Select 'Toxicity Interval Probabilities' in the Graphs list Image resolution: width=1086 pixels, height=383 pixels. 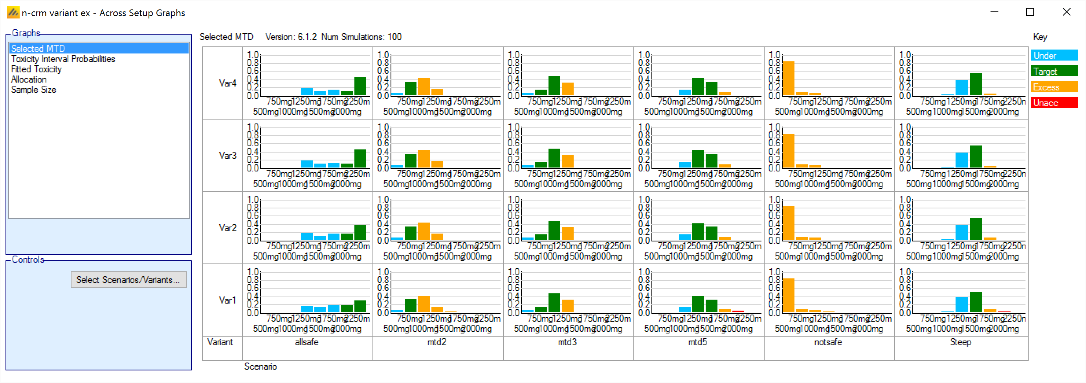tap(63, 59)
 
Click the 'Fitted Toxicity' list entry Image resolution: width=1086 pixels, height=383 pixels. tap(36, 69)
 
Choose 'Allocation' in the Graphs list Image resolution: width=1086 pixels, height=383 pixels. tap(29, 79)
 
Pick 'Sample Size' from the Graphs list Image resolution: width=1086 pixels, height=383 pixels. tap(33, 89)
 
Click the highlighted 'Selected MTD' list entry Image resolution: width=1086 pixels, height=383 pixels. tap(38, 48)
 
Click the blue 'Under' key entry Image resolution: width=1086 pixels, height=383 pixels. tap(1054, 56)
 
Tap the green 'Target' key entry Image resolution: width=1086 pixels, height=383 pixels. tap(1054, 71)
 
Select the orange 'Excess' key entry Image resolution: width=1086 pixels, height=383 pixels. tap(1054, 87)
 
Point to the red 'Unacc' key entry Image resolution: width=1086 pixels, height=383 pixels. tap(1054, 103)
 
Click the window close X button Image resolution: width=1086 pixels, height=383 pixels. tap(1066, 12)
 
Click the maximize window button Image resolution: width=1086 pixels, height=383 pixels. tap(1030, 12)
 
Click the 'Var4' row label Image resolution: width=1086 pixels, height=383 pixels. tap(227, 83)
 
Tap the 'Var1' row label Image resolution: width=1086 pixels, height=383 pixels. tap(227, 300)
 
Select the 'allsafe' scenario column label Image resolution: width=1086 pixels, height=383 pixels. tap(306, 342)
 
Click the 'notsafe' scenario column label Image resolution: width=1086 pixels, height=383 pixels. tap(827, 342)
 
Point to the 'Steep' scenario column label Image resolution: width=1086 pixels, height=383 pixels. tap(960, 342)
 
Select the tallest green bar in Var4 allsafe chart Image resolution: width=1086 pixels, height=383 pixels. tap(360, 87)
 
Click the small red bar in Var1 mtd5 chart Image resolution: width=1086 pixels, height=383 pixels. tap(738, 311)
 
